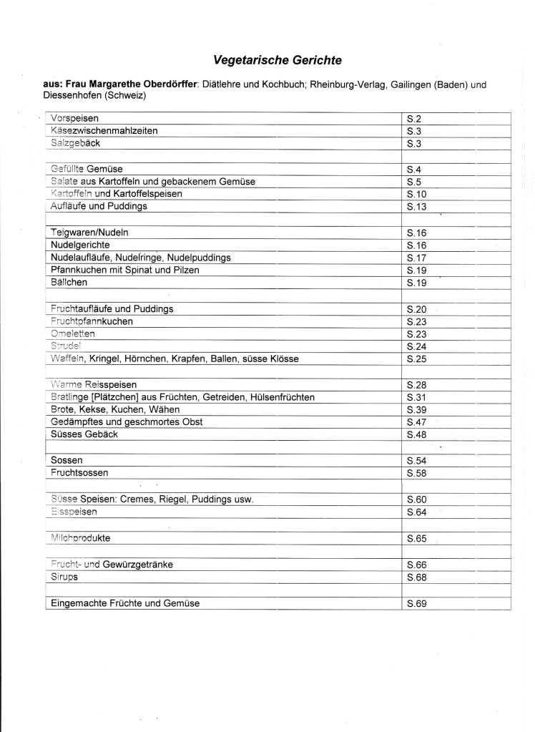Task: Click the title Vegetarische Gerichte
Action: point(273,60)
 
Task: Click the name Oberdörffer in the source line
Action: point(165,84)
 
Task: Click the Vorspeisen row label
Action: point(74,118)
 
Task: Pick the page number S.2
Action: point(415,118)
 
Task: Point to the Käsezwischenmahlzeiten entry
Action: point(104,131)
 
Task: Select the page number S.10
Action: point(417,194)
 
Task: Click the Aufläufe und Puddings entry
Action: point(99,206)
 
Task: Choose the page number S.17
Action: point(417,258)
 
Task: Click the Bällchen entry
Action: point(69,283)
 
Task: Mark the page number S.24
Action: point(417,346)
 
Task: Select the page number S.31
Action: point(417,397)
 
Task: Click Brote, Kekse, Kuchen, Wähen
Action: point(115,409)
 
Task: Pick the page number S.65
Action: point(417,537)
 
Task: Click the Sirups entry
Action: point(64,576)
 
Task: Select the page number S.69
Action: point(417,603)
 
